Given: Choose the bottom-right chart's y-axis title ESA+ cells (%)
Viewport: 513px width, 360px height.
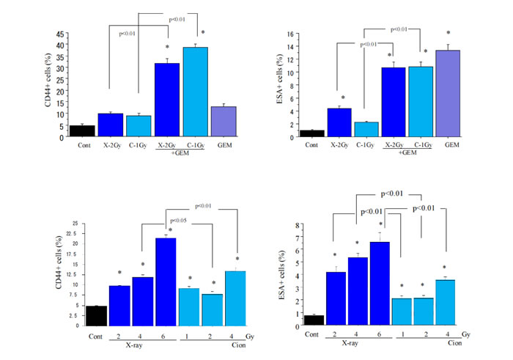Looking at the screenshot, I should [x=277, y=273].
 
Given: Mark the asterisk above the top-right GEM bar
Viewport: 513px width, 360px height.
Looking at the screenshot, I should [x=448, y=34].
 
